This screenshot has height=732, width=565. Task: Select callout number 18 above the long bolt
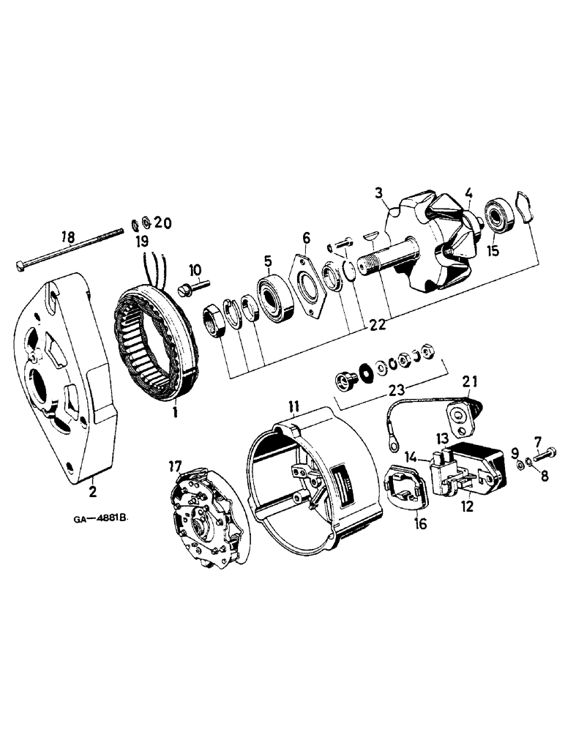[x=67, y=236]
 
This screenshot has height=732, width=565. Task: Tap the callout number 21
[x=469, y=380]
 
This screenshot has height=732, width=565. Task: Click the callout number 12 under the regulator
[x=467, y=505]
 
